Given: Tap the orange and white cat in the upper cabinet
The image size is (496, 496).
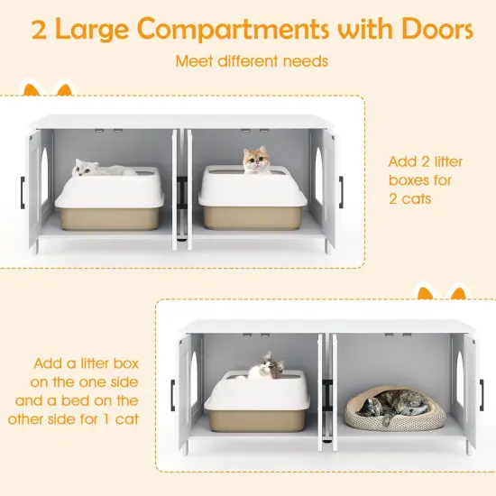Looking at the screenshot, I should coord(257,161).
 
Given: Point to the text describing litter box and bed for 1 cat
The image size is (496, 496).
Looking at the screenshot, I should coord(86,390).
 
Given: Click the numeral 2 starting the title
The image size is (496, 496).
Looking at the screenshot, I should coord(40,32).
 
